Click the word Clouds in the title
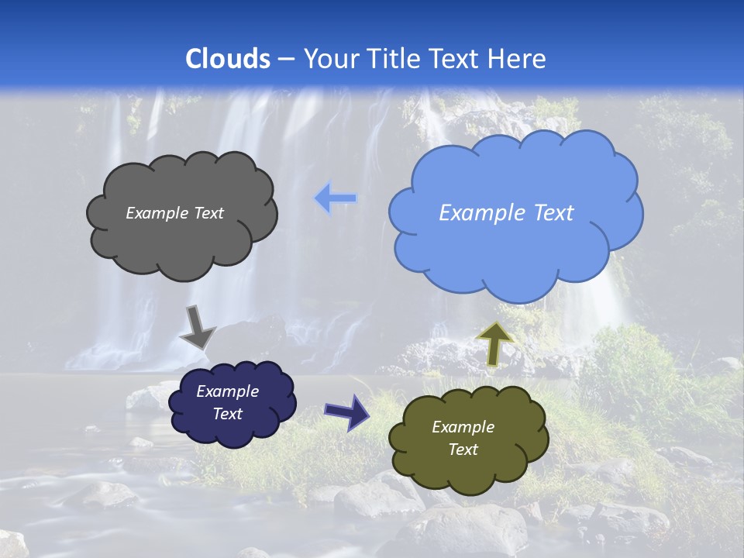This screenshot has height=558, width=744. click(228, 59)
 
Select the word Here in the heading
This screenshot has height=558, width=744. click(518, 59)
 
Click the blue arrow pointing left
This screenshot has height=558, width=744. click(336, 199)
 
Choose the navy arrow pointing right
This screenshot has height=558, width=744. click(346, 411)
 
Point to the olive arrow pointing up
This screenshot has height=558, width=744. click(494, 343)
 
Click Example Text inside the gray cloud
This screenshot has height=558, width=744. click(174, 213)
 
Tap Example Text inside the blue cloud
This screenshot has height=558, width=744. click(506, 213)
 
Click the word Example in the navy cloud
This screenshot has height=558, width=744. click(227, 391)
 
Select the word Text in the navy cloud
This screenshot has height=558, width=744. click(227, 414)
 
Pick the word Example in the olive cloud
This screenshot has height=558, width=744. click(463, 427)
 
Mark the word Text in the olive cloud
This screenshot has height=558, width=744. click(463, 449)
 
